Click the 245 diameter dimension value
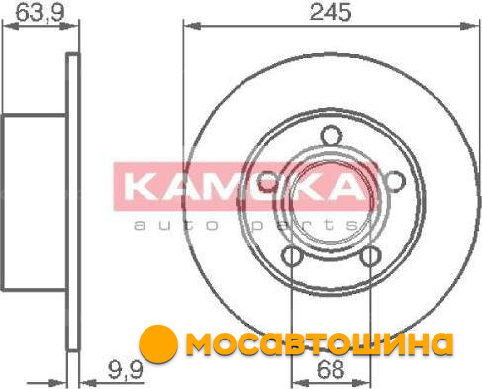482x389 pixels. pyautogui.click(x=331, y=12)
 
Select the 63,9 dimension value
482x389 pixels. pyautogui.click(x=40, y=12)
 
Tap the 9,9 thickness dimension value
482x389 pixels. pyautogui.click(x=126, y=370)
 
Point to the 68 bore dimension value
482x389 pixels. pyautogui.click(x=331, y=369)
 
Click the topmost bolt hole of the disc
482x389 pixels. pyautogui.click(x=332, y=136)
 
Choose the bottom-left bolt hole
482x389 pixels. pyautogui.click(x=293, y=256)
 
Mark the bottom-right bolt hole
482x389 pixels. pyautogui.click(x=370, y=256)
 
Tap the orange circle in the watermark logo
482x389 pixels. pyautogui.click(x=158, y=344)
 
